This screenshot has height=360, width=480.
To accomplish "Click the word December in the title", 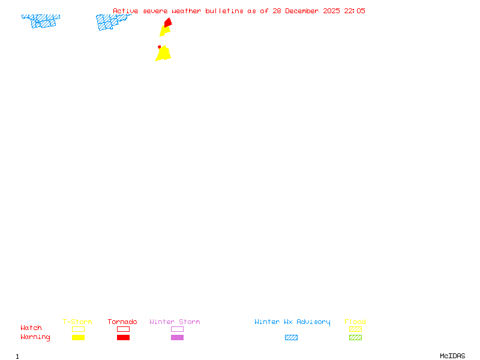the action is tap(302, 11).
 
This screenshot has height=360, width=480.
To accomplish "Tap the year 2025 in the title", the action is tap(331, 11).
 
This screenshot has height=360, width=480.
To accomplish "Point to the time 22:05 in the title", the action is tap(355, 11).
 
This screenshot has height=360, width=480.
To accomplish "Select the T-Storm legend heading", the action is tap(77, 322).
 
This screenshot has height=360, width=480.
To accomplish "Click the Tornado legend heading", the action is tap(122, 322).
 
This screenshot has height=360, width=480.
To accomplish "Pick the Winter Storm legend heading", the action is tap(175, 322).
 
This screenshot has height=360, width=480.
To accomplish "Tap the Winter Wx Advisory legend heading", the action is tap(292, 322).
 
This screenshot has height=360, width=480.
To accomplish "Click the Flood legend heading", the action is tap(355, 322).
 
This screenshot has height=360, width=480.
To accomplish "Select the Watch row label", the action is tap(31, 328).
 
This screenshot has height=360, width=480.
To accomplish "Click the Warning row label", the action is tap(35, 337).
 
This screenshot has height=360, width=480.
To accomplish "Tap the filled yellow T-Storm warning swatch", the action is tap(79, 337).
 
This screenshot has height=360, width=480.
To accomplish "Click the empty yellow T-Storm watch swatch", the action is tap(79, 329).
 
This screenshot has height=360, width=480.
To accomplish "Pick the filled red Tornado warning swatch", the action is tap(124, 337).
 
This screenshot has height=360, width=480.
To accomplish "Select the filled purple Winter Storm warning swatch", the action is tap(177, 337).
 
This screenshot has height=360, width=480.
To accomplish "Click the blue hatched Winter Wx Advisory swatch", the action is tap(291, 337).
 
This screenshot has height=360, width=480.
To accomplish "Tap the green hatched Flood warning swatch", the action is tap(355, 337).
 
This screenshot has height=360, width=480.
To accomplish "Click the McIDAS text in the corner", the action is tap(452, 356).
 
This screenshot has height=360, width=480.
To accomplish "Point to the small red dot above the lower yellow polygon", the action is tap(159, 47).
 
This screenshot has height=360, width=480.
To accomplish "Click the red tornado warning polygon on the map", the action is tap(168, 23).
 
